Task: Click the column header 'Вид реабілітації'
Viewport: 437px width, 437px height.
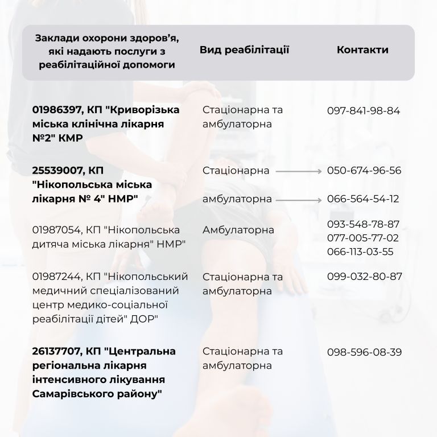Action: click(x=245, y=50)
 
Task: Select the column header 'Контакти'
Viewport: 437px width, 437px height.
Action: click(x=362, y=50)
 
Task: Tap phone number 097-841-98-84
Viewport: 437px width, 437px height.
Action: click(x=364, y=110)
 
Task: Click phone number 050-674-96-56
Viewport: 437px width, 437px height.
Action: click(x=364, y=171)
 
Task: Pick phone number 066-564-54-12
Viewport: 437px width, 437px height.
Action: click(x=363, y=199)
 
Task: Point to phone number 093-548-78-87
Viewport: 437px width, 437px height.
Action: click(x=363, y=224)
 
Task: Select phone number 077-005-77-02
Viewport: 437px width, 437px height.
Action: click(x=363, y=237)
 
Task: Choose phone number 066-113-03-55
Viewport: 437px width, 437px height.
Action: click(x=363, y=252)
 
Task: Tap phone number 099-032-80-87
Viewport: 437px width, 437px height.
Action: click(x=364, y=277)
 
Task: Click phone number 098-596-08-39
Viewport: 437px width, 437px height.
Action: click(x=364, y=352)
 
